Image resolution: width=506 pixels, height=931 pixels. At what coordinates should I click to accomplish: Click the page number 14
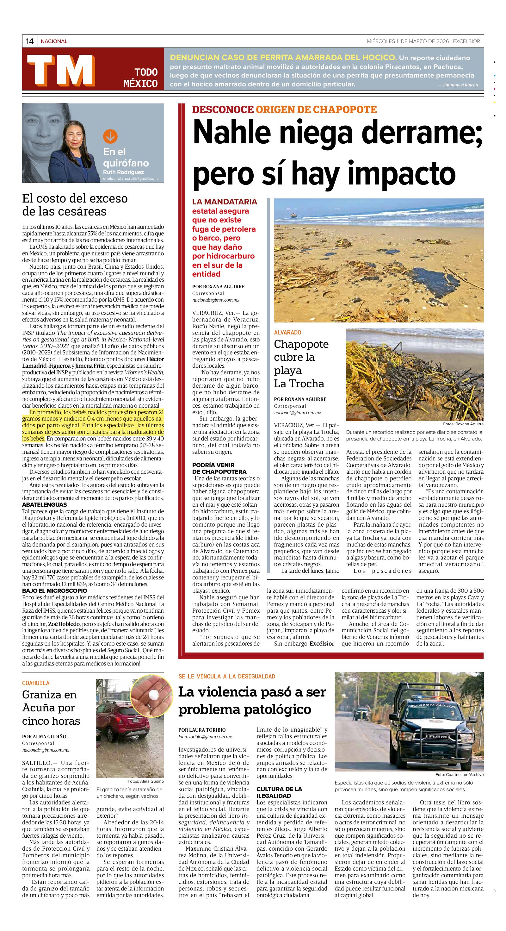[30, 41]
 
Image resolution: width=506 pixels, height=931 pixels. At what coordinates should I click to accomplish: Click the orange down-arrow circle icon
[110, 136]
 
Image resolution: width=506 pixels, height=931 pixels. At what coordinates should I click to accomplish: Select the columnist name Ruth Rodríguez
[123, 172]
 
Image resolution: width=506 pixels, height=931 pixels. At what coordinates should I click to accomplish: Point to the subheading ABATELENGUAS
[44, 504]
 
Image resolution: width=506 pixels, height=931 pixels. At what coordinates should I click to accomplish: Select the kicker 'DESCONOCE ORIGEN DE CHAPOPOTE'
[284, 109]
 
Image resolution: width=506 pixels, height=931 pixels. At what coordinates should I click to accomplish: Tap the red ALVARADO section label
[287, 332]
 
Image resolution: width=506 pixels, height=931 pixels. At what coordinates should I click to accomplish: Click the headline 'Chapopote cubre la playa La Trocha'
[301, 364]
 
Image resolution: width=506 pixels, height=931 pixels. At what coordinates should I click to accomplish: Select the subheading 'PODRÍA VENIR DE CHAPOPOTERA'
[219, 468]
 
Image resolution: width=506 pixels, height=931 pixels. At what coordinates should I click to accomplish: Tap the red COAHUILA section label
[36, 683]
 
